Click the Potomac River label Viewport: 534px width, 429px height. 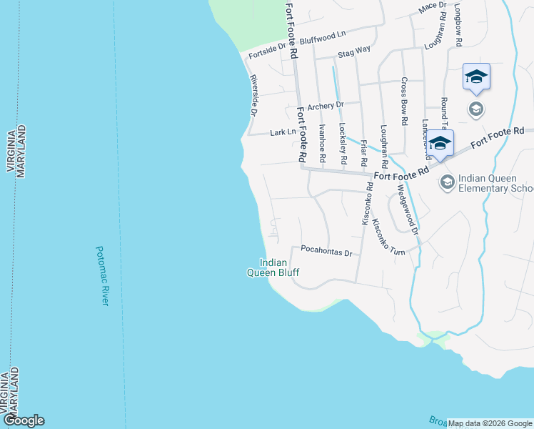(102, 276)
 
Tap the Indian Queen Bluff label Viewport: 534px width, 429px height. (273, 267)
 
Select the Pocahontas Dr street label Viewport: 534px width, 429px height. (326, 252)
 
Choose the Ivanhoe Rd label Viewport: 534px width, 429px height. (323, 142)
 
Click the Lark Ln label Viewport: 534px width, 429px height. (283, 132)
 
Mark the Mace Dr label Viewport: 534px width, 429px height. (432, 7)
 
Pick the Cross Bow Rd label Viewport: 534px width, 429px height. (404, 101)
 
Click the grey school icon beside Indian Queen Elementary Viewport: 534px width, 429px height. (447, 182)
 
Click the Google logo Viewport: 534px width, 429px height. (24, 420)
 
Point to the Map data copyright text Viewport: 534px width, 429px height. (490, 423)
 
